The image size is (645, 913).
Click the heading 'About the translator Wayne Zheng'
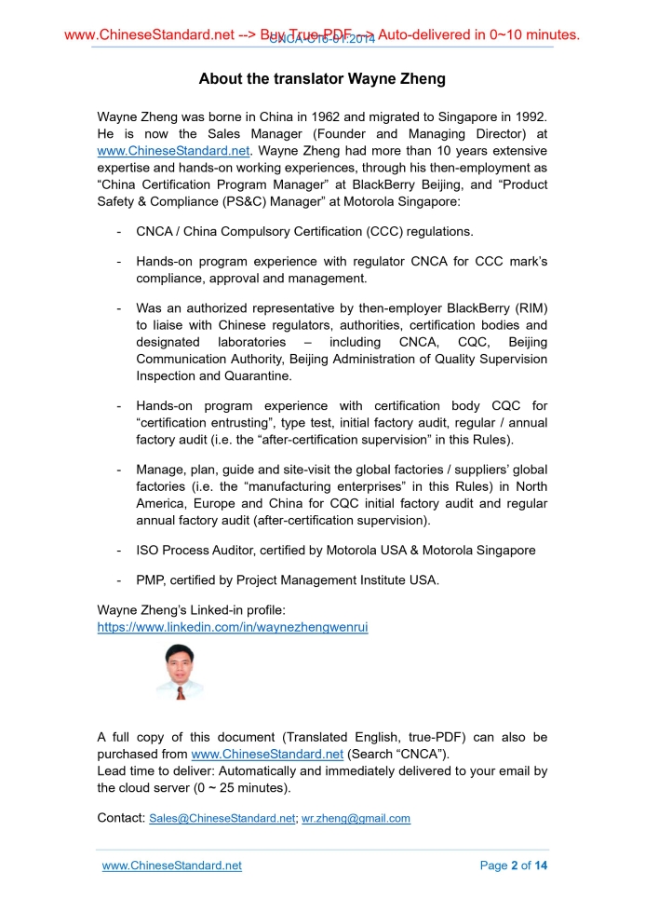[322, 79]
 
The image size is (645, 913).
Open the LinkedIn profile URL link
[233, 627]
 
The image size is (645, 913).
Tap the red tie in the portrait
[181, 692]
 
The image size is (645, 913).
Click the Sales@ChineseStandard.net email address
[222, 819]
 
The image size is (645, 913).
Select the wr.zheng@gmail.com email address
[356, 819]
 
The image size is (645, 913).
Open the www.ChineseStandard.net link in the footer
[171, 865]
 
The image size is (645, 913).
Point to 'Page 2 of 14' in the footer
[514, 865]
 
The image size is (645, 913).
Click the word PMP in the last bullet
[149, 579]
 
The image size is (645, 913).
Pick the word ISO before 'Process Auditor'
[148, 550]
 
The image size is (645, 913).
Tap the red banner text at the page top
[322, 35]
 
